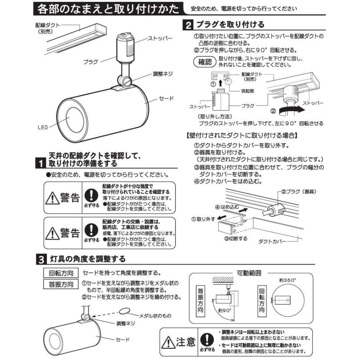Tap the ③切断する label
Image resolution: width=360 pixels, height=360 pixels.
(x=234, y=239)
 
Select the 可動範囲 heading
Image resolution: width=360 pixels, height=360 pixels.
(x=250, y=274)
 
